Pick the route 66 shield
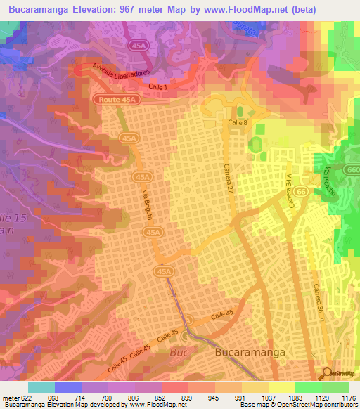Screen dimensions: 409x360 click(302, 192)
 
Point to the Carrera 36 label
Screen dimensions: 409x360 click(318, 299)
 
